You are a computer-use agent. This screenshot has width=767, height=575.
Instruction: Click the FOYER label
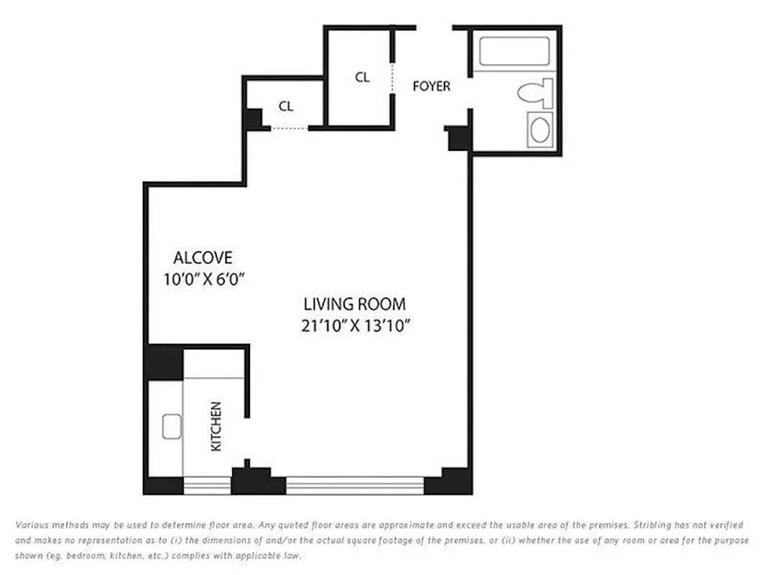coord(431,86)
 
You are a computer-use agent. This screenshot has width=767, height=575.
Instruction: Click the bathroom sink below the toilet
coord(540,130)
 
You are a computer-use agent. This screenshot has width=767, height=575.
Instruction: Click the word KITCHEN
coord(215,426)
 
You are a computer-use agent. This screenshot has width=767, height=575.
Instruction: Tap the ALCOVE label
coord(203,257)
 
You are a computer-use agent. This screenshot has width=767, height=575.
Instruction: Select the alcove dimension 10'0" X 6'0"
coord(205,280)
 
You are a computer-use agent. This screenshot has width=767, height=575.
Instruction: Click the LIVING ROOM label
coord(354,304)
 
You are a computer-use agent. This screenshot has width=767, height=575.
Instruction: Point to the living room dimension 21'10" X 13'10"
coord(355,326)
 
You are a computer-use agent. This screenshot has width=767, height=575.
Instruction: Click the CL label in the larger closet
coord(362,78)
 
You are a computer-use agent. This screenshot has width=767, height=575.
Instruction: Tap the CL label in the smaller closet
coord(286,106)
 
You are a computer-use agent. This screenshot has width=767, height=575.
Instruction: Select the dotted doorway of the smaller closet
coord(289,129)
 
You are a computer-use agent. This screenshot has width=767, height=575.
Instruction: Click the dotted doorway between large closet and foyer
coord(393,78)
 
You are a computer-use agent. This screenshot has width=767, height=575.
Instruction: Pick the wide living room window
coord(355,486)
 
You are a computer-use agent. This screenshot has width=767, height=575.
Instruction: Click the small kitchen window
coord(207,486)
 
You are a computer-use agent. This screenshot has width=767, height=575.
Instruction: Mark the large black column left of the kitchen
coord(164,363)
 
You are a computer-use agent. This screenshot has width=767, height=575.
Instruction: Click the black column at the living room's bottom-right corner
coord(449,482)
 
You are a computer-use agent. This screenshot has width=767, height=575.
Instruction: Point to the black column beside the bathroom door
coord(457,138)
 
